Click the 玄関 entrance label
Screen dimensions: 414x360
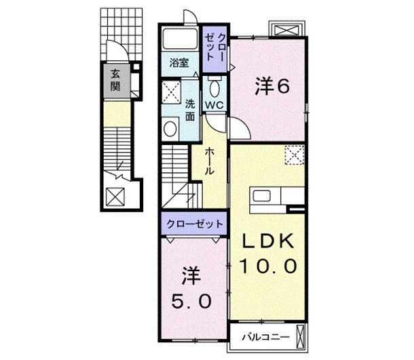[115, 80]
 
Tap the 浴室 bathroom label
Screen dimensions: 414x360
[179, 63]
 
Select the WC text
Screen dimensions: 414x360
[214, 105]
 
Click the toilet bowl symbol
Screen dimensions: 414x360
[214, 87]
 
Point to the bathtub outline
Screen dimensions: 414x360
[180, 39]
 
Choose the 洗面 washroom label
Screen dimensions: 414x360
[190, 110]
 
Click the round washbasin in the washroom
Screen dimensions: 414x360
[170, 129]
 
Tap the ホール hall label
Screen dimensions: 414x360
[210, 161]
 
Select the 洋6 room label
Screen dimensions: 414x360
[272, 87]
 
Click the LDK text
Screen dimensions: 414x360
[267, 241]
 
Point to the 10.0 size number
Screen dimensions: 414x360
[267, 266]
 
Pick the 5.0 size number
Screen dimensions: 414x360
[191, 301]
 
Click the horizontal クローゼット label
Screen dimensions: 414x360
[195, 224]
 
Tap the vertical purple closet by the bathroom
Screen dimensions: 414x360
[214, 49]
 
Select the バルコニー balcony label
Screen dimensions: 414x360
[266, 337]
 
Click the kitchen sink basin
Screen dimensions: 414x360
[262, 196]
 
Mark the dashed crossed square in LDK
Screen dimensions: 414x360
[295, 155]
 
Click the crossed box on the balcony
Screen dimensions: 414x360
[300, 336]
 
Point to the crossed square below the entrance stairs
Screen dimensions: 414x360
[115, 197]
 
